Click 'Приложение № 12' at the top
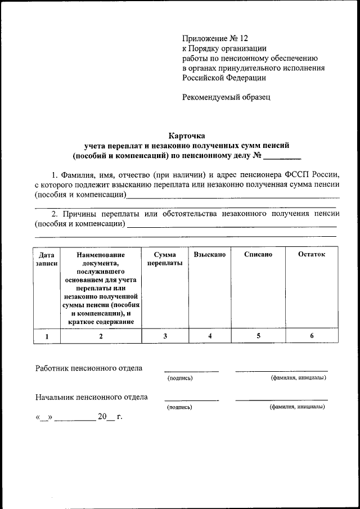[x=215, y=38]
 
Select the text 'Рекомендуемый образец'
[x=226, y=97]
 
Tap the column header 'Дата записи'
[x=47, y=259]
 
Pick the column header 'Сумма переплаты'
[x=165, y=259]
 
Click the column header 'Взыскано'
[x=209, y=255]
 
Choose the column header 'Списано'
[x=258, y=255]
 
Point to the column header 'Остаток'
[x=312, y=255]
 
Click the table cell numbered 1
[x=47, y=336]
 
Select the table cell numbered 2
[x=101, y=336]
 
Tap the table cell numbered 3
[x=165, y=336]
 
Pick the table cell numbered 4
[x=209, y=336]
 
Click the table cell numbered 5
[x=258, y=336]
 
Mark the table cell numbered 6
[x=312, y=336]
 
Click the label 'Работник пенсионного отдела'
[x=88, y=368]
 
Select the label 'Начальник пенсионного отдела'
[x=91, y=397]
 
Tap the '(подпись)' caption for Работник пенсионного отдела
[x=180, y=378]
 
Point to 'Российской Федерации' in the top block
[x=224, y=78]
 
